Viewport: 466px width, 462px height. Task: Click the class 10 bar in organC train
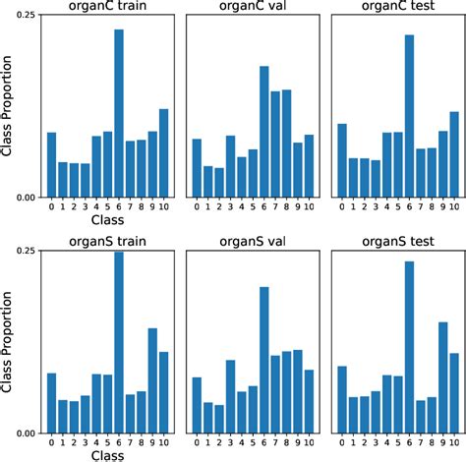point(163,152)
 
